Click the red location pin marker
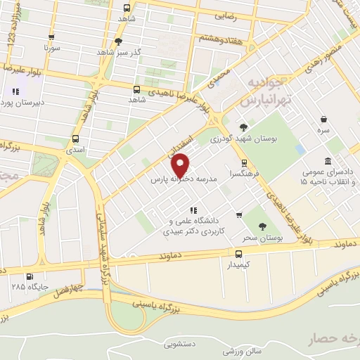pos(181,165)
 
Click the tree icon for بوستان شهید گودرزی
pos(243,127)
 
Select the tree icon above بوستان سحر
pos(262,226)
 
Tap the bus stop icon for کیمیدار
pos(238,254)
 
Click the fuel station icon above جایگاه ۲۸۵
pos(29,277)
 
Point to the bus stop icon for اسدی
pos(75,139)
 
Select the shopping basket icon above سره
pos(323,120)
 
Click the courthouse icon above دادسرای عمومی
pos(328,161)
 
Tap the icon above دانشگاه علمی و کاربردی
pos(193,209)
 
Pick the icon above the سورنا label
pos(50,38)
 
